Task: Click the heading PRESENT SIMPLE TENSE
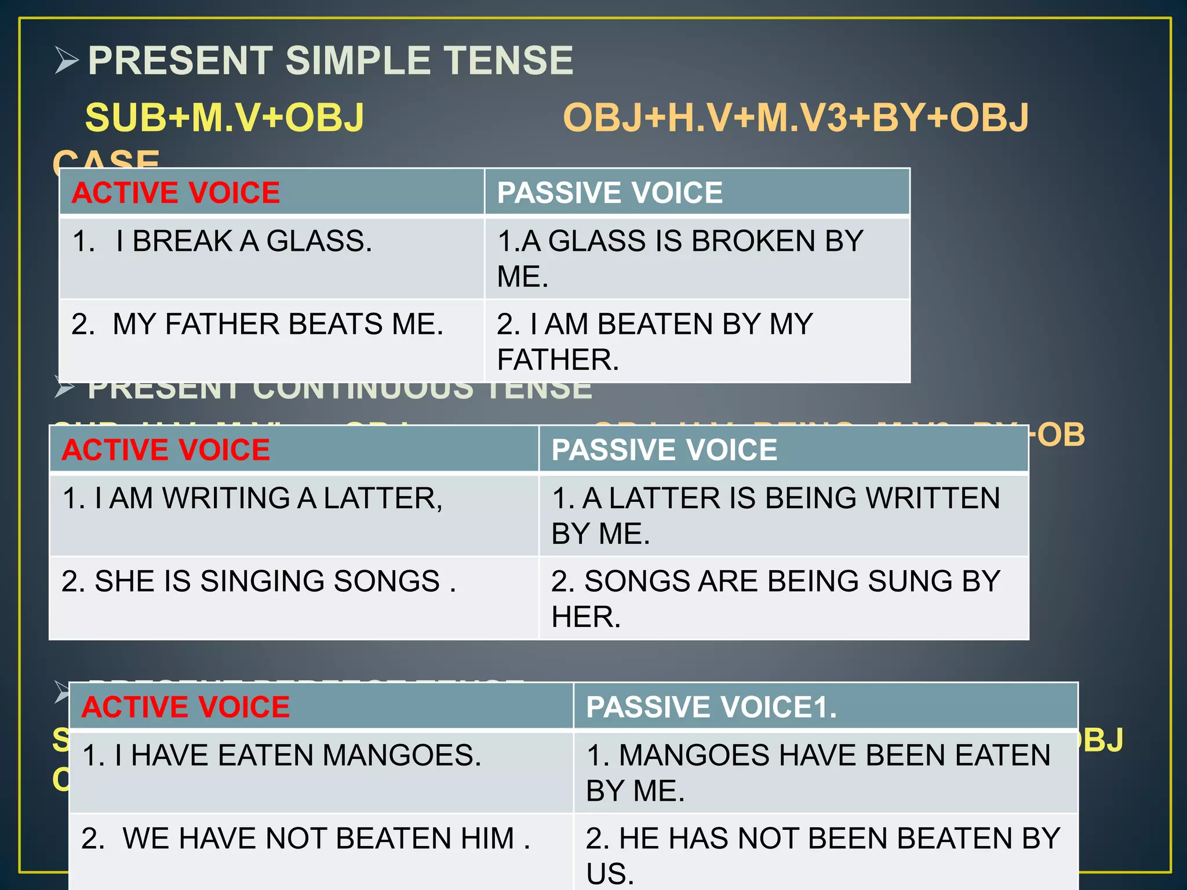pos(330,61)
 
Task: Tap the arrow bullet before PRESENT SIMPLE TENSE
pos(67,60)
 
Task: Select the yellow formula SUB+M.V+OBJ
pos(225,118)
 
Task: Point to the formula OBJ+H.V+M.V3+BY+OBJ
pos(795,118)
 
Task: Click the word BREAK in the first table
pos(182,241)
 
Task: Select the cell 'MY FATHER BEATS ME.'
pos(257,324)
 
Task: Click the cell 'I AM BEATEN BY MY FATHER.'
pos(655,341)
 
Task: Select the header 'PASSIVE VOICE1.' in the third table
pos(711,707)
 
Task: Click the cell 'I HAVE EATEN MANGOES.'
pos(282,756)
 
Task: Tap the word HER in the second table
pos(585,617)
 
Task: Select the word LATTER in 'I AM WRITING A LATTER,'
pos(383,498)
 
